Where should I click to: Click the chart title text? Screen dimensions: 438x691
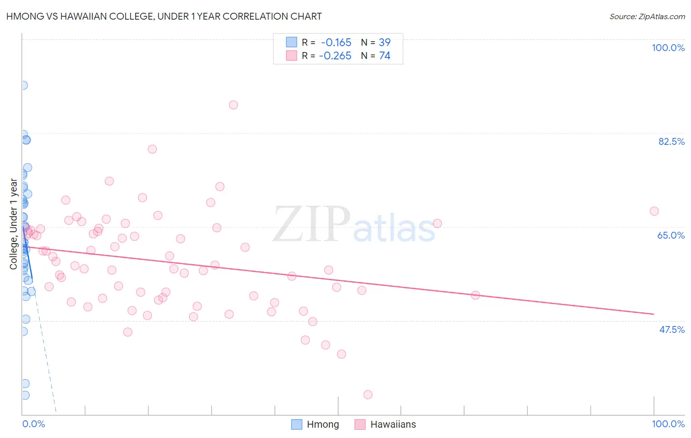pos(164,16)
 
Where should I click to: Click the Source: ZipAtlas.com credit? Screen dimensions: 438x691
pos(647,17)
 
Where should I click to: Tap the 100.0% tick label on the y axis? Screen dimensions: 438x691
pos(668,48)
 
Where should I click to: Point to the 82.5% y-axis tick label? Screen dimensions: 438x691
pos(671,141)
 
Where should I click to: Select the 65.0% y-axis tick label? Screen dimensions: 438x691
pos(671,235)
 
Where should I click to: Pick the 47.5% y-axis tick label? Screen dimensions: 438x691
pos(671,329)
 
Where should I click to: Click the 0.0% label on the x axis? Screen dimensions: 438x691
pos(33,424)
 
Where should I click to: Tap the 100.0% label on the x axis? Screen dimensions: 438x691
pos(668,424)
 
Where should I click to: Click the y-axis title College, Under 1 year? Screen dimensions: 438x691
pos(14,224)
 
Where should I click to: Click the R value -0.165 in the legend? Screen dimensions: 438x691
pos(336,43)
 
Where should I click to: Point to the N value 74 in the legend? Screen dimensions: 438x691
pos(384,56)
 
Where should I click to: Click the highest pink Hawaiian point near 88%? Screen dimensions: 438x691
pos(233,105)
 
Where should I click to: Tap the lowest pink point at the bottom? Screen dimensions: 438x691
pos(368,395)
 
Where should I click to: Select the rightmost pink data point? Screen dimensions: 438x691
pos(654,211)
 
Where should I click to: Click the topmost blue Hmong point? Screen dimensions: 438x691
pos(23,85)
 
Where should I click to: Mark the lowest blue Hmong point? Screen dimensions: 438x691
pos(25,395)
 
